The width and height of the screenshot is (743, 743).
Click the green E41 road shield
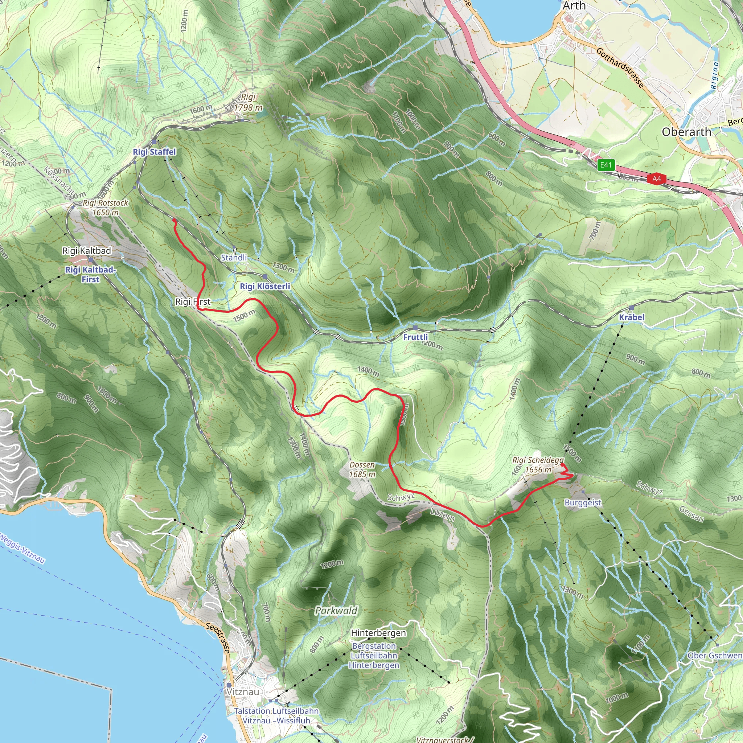tap(606, 165)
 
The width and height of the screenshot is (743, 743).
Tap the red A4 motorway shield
tap(656, 179)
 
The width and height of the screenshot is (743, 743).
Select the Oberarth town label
tap(686, 132)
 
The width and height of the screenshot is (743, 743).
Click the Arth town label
tap(574, 6)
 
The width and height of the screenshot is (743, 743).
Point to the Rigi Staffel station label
tap(154, 152)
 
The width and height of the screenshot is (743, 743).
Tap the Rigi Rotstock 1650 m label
tap(105, 208)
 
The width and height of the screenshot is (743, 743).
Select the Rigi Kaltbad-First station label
tap(90, 275)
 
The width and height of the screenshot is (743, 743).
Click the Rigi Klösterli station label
tap(265, 286)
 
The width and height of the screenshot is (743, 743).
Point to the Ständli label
tap(234, 258)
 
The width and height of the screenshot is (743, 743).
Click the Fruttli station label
tap(415, 337)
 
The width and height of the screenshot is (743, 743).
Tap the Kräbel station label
tap(632, 317)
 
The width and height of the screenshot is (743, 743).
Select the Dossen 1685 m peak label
tap(362, 469)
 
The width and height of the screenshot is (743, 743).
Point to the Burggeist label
tap(583, 502)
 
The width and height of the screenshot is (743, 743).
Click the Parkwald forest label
tap(336, 611)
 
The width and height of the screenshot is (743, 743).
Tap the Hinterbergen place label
tap(378, 633)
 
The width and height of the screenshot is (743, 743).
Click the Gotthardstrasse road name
tap(620, 68)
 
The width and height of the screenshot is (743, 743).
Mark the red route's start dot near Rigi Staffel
tap(174, 220)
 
